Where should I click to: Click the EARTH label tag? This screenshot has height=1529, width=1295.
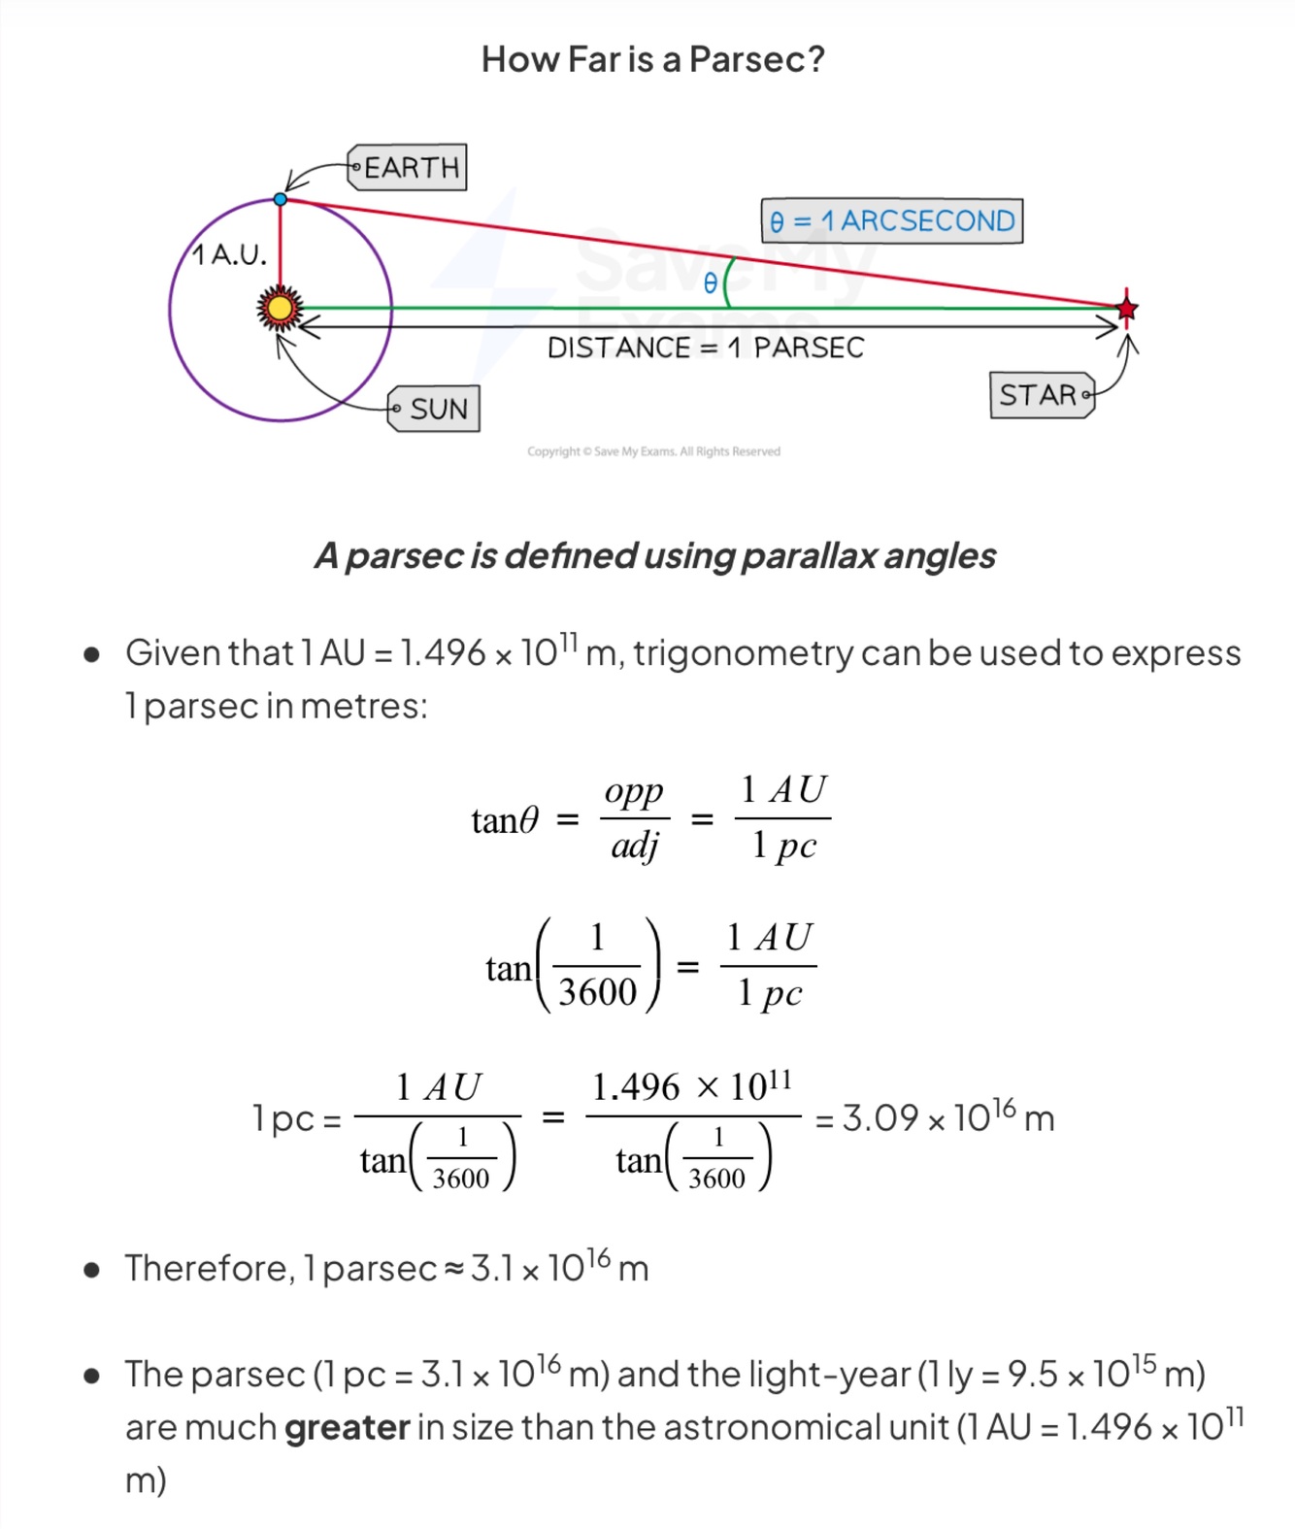[x=409, y=167]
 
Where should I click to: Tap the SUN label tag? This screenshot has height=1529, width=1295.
[x=435, y=409]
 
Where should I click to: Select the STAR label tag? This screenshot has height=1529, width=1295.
[x=1041, y=395]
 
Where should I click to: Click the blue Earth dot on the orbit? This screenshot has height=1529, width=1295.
[x=281, y=199]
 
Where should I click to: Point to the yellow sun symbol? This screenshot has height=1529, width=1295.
[x=280, y=309]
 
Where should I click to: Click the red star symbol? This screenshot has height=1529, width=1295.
[x=1126, y=309]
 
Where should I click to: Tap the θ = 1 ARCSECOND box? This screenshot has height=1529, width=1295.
[x=891, y=221]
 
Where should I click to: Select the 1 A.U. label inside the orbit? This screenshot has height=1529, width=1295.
[x=229, y=255]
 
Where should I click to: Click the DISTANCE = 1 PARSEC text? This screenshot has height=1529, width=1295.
[x=705, y=348]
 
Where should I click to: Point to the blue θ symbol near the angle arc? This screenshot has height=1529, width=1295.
[x=710, y=283]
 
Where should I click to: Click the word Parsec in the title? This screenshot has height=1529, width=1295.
[x=756, y=59]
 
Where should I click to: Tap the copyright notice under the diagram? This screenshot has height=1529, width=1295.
[x=653, y=451]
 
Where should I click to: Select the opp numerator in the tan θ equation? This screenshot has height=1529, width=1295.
[x=634, y=792]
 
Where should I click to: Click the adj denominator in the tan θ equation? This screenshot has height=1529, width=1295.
[x=634, y=847]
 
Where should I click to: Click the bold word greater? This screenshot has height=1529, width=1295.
[x=347, y=1427]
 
